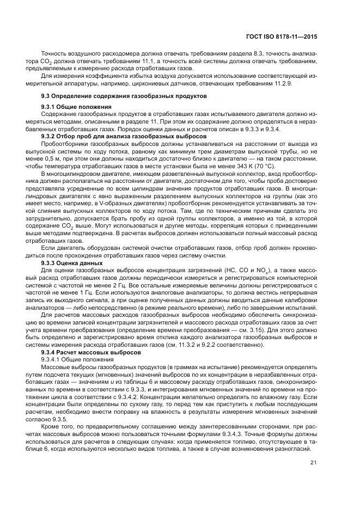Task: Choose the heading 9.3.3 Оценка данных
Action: tap(72, 262)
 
